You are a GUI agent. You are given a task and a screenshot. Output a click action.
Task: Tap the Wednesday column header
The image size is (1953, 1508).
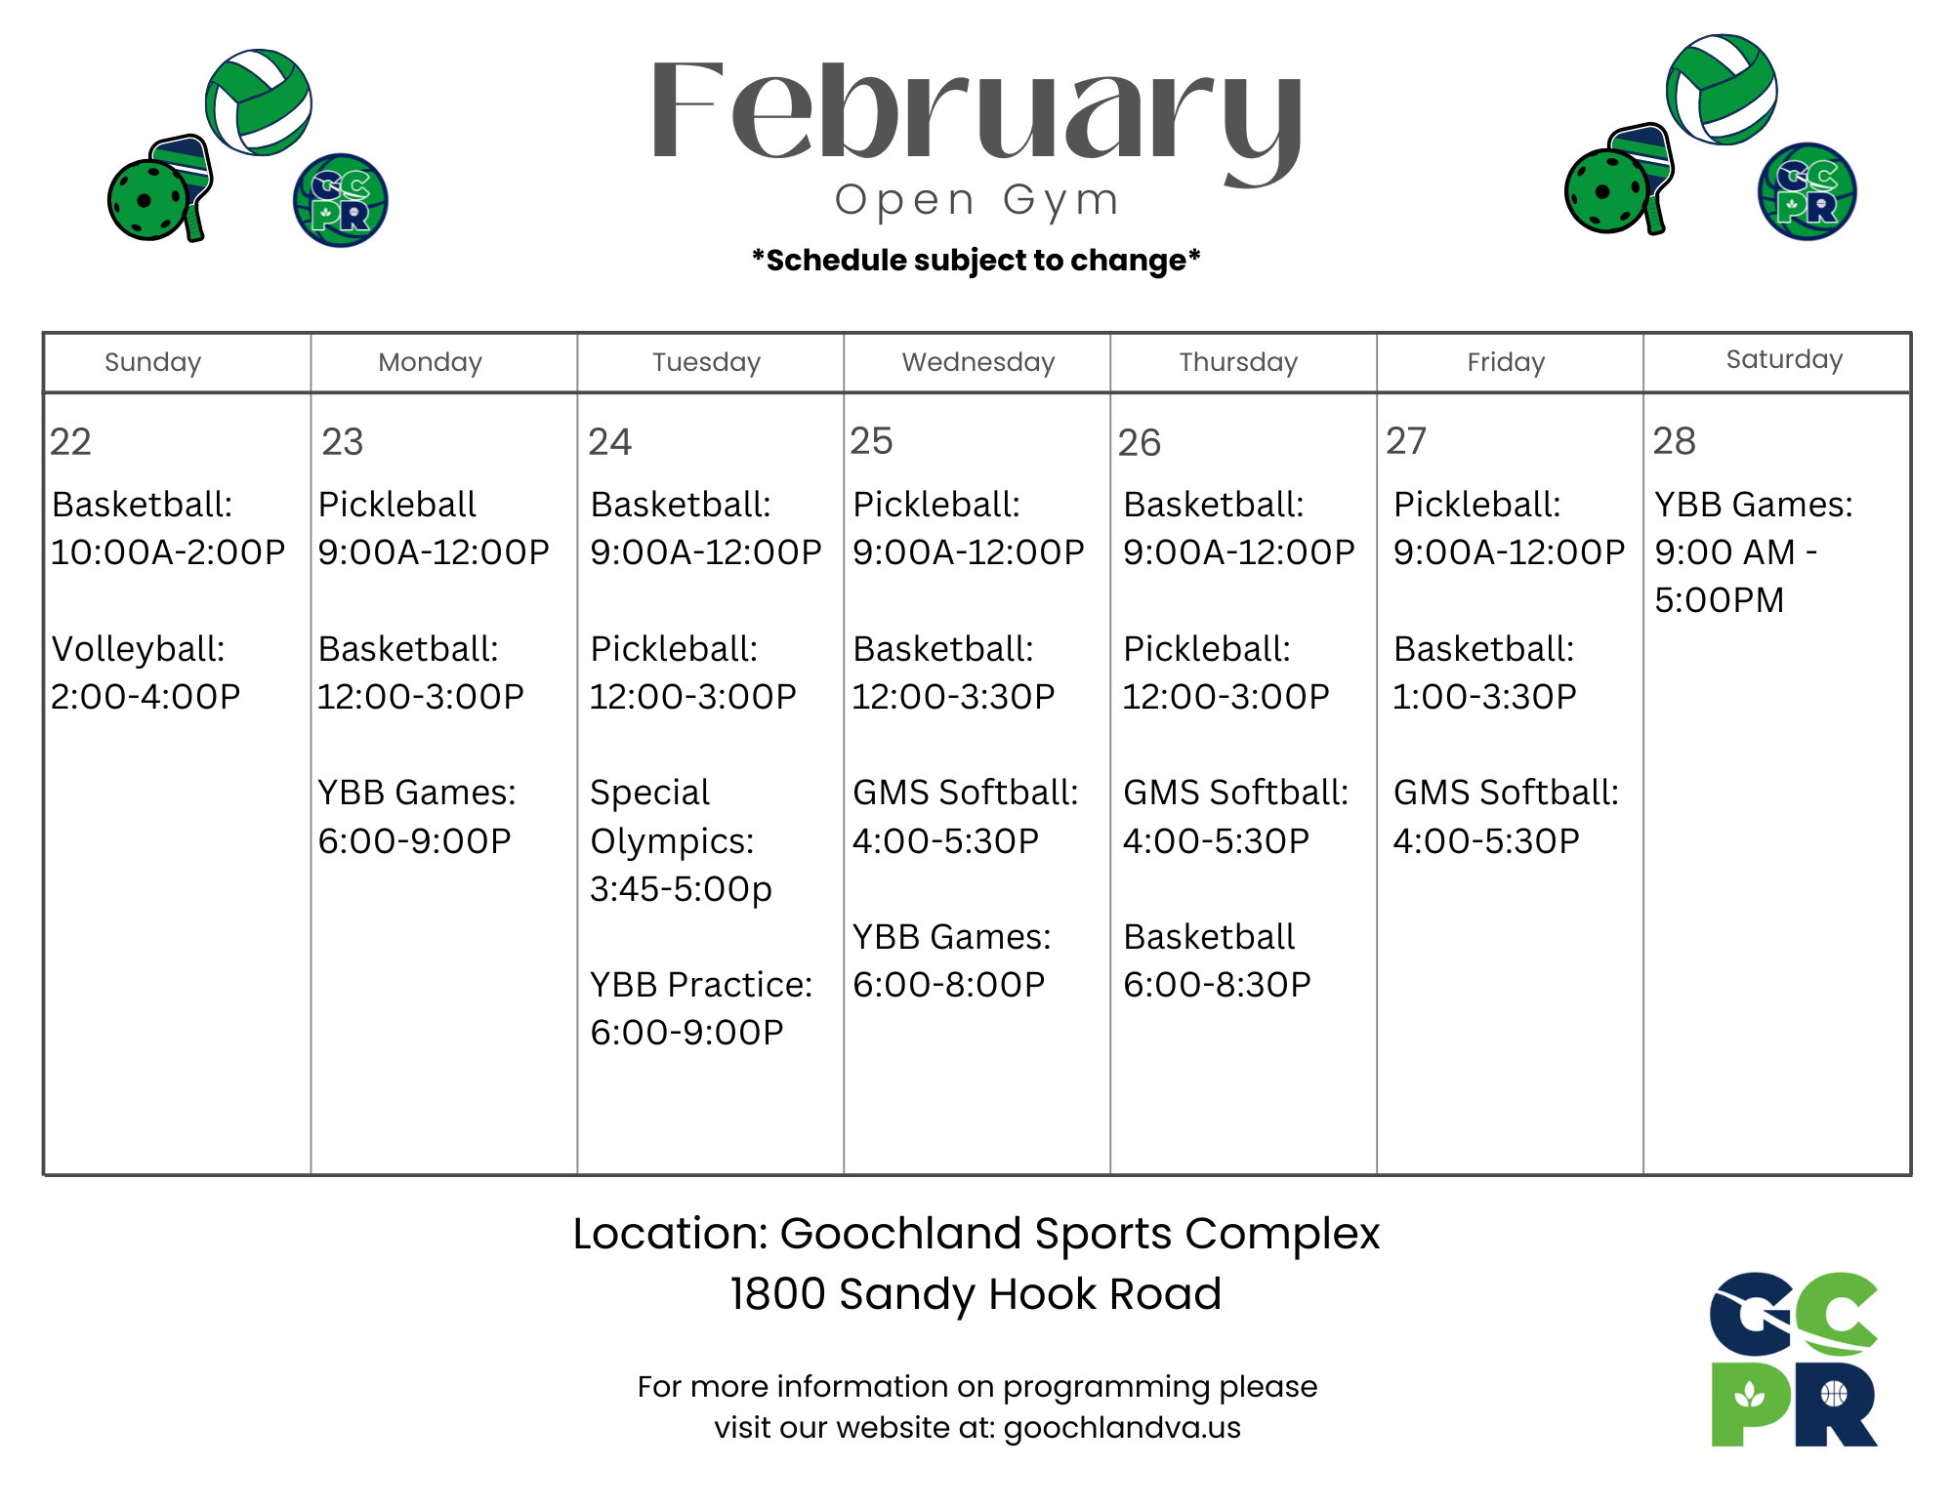tap(977, 362)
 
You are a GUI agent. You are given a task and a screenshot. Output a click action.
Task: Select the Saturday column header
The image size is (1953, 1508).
tap(1784, 360)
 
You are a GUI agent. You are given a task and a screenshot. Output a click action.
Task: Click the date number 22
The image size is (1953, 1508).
tap(70, 442)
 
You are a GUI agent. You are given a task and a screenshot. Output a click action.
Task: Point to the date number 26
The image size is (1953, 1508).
tap(1139, 443)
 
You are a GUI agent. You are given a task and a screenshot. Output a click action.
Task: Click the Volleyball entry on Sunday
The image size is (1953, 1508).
tap(138, 649)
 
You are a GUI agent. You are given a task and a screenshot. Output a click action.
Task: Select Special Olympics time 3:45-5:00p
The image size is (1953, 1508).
tap(681, 889)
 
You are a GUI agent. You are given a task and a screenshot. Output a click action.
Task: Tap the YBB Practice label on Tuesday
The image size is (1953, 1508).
tap(700, 985)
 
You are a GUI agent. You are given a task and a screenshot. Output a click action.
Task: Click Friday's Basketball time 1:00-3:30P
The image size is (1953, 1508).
tap(1483, 697)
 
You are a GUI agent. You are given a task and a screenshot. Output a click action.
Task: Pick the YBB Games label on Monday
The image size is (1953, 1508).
tap(417, 793)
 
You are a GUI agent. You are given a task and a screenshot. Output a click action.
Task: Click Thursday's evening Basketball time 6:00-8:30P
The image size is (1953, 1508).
tap(1217, 985)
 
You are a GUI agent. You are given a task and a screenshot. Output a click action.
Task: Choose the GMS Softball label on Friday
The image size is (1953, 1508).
tap(1506, 793)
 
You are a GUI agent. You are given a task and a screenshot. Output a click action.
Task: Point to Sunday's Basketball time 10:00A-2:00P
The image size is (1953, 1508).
tap(167, 552)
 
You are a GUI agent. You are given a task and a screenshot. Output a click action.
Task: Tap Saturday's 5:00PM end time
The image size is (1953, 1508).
tap(1719, 600)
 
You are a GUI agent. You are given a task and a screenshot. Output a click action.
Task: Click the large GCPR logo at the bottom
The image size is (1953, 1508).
tap(1794, 1359)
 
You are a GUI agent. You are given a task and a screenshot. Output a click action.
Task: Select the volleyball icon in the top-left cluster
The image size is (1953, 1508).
tap(259, 102)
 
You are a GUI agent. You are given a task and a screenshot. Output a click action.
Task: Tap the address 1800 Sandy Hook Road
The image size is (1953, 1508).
tap(976, 1294)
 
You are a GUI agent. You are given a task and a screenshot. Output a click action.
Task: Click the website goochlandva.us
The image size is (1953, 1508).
tap(1122, 1428)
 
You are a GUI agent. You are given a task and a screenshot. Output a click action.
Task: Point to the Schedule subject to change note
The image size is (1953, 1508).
tap(976, 261)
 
